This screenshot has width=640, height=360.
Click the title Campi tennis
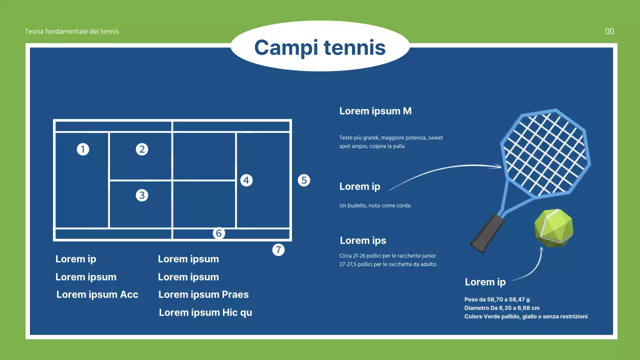[320, 47]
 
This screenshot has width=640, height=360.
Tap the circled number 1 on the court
[83, 149]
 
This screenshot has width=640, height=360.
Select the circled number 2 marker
[141, 149]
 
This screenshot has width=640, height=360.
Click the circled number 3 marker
[141, 195]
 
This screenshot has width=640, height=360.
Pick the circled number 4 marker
[246, 180]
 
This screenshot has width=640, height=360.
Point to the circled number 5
[303, 180]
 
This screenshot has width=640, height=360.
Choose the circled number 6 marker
[219, 233]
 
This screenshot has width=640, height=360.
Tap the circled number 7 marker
[278, 249]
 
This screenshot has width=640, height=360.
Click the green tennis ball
[553, 228]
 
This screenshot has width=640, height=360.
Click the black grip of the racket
[487, 233]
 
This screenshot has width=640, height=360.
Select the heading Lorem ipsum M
[375, 111]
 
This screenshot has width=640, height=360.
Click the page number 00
[609, 31]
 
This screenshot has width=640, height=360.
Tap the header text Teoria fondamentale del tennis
[71, 31]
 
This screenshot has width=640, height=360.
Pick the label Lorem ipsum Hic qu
[205, 312]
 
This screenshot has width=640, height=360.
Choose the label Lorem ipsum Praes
[203, 294]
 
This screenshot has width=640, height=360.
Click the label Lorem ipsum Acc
[97, 294]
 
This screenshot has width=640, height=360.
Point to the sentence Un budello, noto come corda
[375, 205]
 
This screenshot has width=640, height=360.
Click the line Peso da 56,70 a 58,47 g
[497, 299]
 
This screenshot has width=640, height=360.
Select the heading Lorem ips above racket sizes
[363, 240]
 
